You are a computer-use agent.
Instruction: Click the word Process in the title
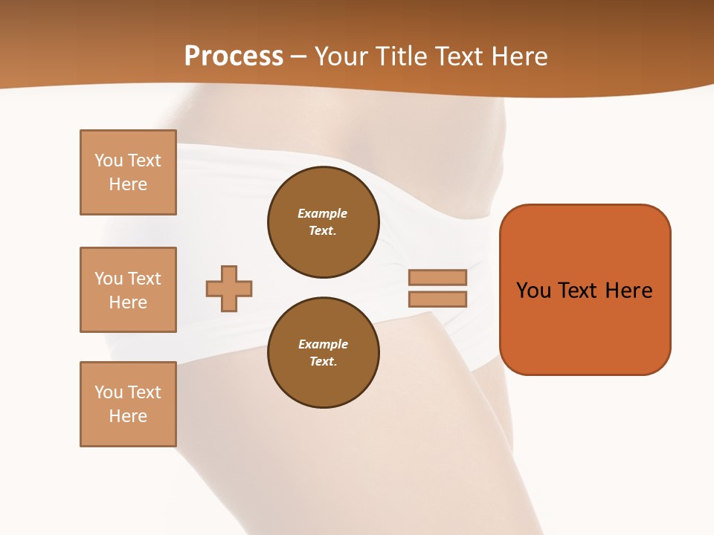pyautogui.click(x=234, y=56)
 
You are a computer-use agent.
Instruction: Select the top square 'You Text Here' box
pyautogui.click(x=128, y=172)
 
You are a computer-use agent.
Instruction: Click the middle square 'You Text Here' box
pyautogui.click(x=128, y=290)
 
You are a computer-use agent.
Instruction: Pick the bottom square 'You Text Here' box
pyautogui.click(x=128, y=404)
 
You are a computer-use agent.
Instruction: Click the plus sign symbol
pyautogui.click(x=229, y=288)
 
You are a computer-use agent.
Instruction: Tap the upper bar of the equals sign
pyautogui.click(x=437, y=277)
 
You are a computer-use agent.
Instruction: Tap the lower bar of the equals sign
pyautogui.click(x=437, y=299)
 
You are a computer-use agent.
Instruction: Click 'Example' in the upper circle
pyautogui.click(x=323, y=213)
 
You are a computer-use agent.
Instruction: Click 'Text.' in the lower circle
pyautogui.click(x=323, y=362)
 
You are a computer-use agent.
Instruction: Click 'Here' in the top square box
pyautogui.click(x=128, y=184)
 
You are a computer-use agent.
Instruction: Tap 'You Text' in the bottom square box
pyautogui.click(x=128, y=392)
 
